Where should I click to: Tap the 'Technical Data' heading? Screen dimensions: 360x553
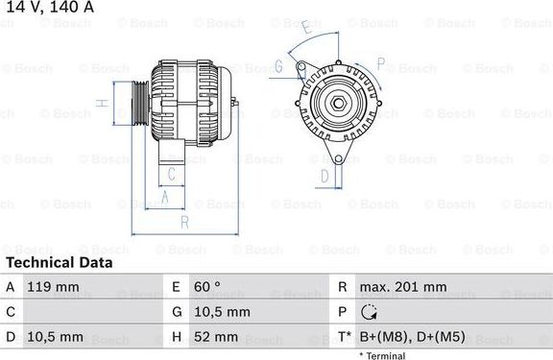[59, 262]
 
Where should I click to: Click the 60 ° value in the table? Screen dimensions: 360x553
[208, 287]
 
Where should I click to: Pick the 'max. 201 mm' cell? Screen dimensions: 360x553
[402, 287]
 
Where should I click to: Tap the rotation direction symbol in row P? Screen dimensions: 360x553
[369, 313]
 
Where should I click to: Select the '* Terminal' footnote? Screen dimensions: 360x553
[382, 355]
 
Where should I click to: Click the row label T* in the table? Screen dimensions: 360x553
[343, 338]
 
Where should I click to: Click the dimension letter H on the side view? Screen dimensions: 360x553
[100, 103]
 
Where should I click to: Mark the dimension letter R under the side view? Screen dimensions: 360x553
[183, 222]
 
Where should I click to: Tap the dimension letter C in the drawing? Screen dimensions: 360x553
[170, 174]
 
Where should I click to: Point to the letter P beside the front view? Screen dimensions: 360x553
[380, 64]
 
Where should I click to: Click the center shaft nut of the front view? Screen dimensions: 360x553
[339, 102]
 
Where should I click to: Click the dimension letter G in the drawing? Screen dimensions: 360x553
[278, 65]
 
